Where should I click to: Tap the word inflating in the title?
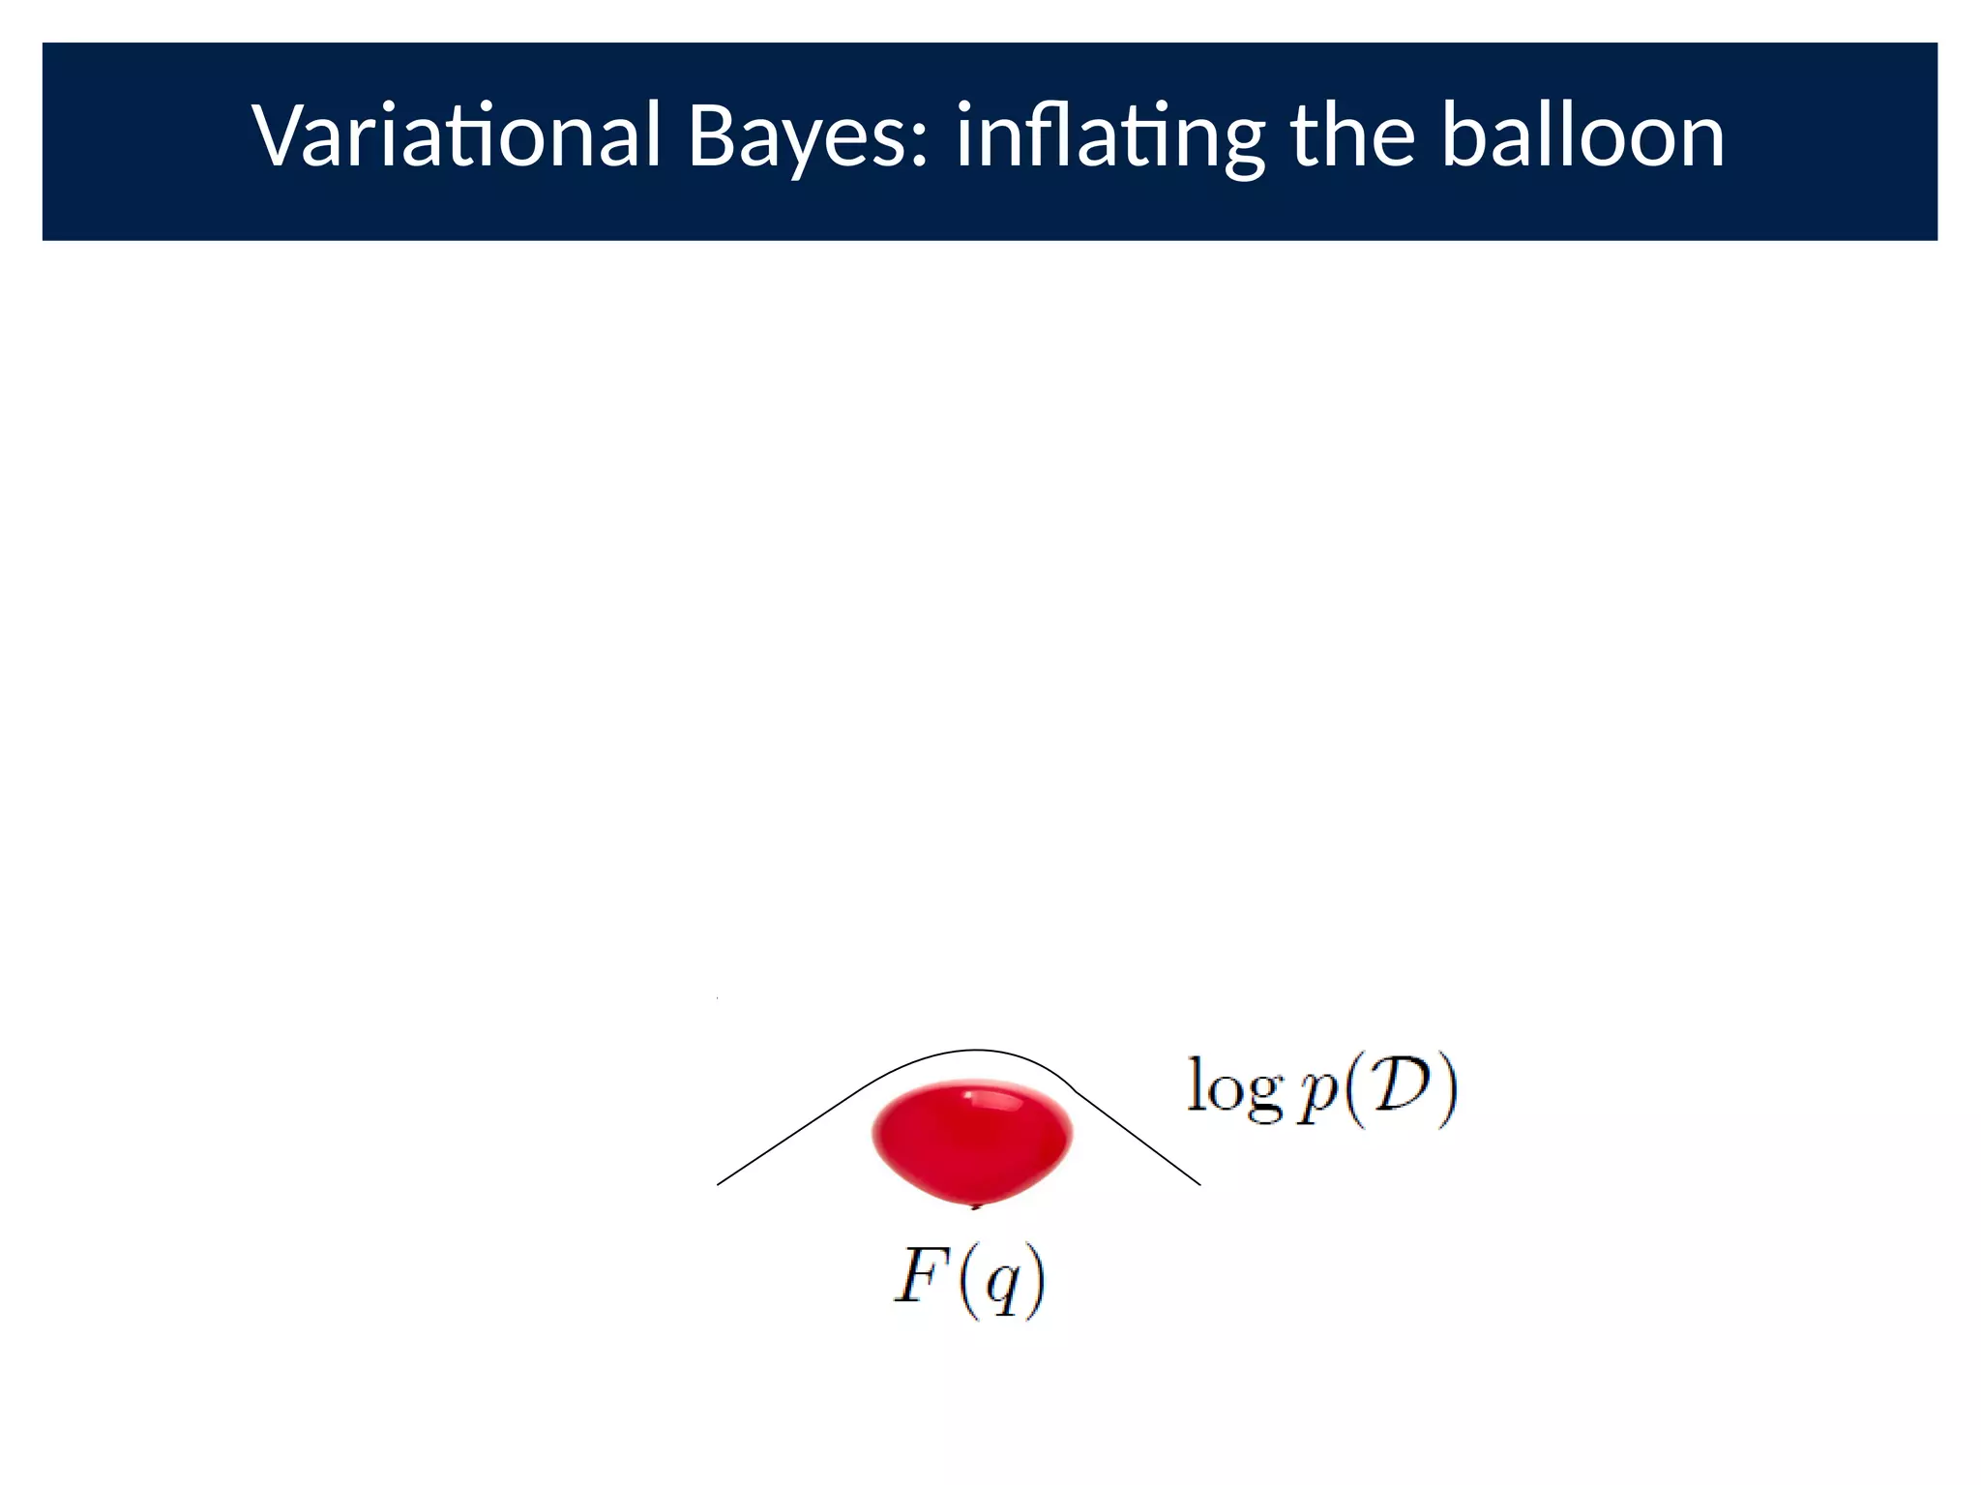pyautogui.click(x=1109, y=135)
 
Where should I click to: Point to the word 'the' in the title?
pyautogui.click(x=1352, y=135)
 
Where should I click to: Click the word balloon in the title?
pyautogui.click(x=1582, y=135)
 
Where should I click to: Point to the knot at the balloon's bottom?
pyautogui.click(x=976, y=1205)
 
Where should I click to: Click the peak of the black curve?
pyautogui.click(x=975, y=1050)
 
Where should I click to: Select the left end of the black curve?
pyautogui.click(x=719, y=1183)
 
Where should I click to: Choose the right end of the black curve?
pyautogui.click(x=1198, y=1183)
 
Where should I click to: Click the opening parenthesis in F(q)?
pyautogui.click(x=967, y=1281)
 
